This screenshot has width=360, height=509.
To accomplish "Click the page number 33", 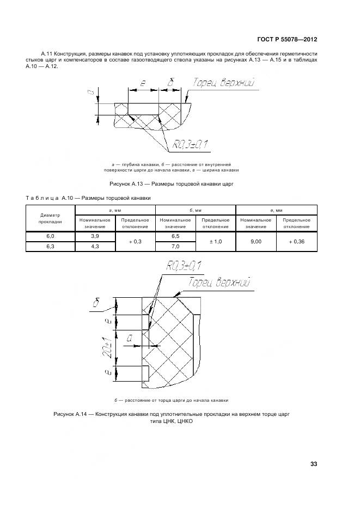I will pos(313,464).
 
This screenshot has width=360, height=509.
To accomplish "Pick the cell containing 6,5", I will pos(175,236).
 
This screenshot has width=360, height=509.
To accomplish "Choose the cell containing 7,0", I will pos(175,246).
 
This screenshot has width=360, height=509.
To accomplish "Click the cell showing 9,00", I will pos(255,241).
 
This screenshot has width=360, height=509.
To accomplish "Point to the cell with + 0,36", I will pos(296,241).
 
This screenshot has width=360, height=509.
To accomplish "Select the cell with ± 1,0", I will pos(215,241).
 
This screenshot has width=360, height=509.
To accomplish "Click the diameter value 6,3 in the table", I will pos(50,246).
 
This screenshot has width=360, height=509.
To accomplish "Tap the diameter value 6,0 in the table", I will pos(50,236).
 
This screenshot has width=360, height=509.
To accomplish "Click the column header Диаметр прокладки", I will pos(50,218).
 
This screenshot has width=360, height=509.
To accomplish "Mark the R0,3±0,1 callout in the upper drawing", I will pos(191,144).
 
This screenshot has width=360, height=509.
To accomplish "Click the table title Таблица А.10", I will pos(88,198).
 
